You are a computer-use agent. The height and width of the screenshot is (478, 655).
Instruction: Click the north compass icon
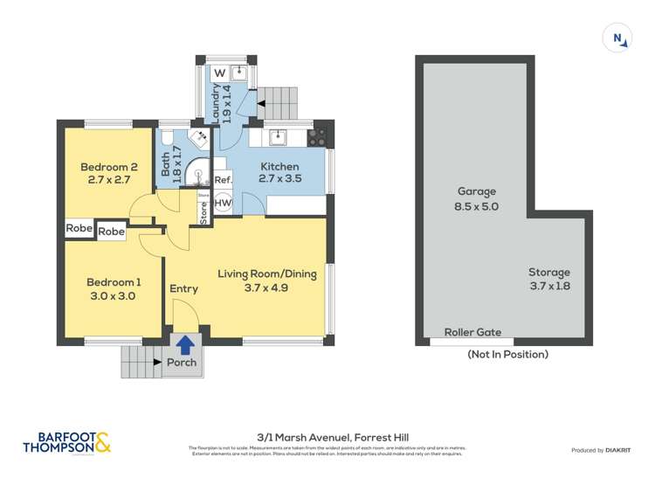[x=617, y=38]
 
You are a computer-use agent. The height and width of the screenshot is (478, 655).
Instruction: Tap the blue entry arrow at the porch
[x=184, y=344]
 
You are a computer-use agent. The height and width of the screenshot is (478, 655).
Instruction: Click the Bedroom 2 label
[x=109, y=173]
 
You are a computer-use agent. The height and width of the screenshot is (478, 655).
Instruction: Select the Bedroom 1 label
[x=114, y=288]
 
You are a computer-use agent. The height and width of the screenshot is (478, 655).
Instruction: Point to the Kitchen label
[x=279, y=172]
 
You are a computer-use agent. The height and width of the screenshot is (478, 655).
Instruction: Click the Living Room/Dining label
[x=266, y=281]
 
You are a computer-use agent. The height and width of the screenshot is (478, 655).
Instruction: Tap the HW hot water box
[x=223, y=204]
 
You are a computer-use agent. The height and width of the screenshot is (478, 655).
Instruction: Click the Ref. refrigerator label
[x=223, y=180]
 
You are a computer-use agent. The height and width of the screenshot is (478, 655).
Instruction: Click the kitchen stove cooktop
[x=318, y=136]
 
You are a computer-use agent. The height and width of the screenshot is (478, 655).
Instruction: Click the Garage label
[x=476, y=198]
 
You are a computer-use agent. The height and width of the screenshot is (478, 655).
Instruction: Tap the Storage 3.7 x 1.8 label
[x=549, y=279]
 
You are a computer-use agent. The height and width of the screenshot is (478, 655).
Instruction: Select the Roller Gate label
[x=472, y=332]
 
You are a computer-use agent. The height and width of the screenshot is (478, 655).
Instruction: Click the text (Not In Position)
[x=507, y=354]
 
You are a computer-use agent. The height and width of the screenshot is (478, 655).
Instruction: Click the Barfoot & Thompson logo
[x=66, y=442]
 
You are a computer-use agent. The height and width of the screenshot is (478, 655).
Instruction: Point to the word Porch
[x=182, y=363]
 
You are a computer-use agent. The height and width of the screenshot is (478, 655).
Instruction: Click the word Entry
[x=183, y=288]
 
